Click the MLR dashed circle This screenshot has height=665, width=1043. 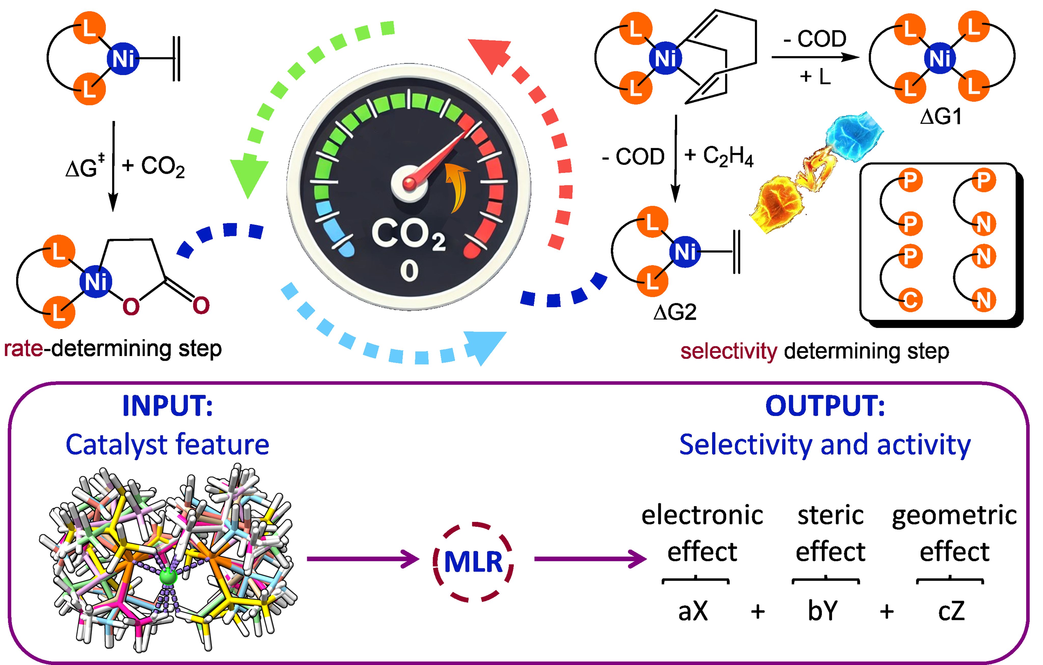tap(473, 562)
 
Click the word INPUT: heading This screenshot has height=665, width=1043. tap(168, 406)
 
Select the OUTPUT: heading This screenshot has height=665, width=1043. tap(825, 406)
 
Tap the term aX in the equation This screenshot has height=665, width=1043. tap(693, 611)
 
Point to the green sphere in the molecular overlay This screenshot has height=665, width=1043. tap(168, 577)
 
